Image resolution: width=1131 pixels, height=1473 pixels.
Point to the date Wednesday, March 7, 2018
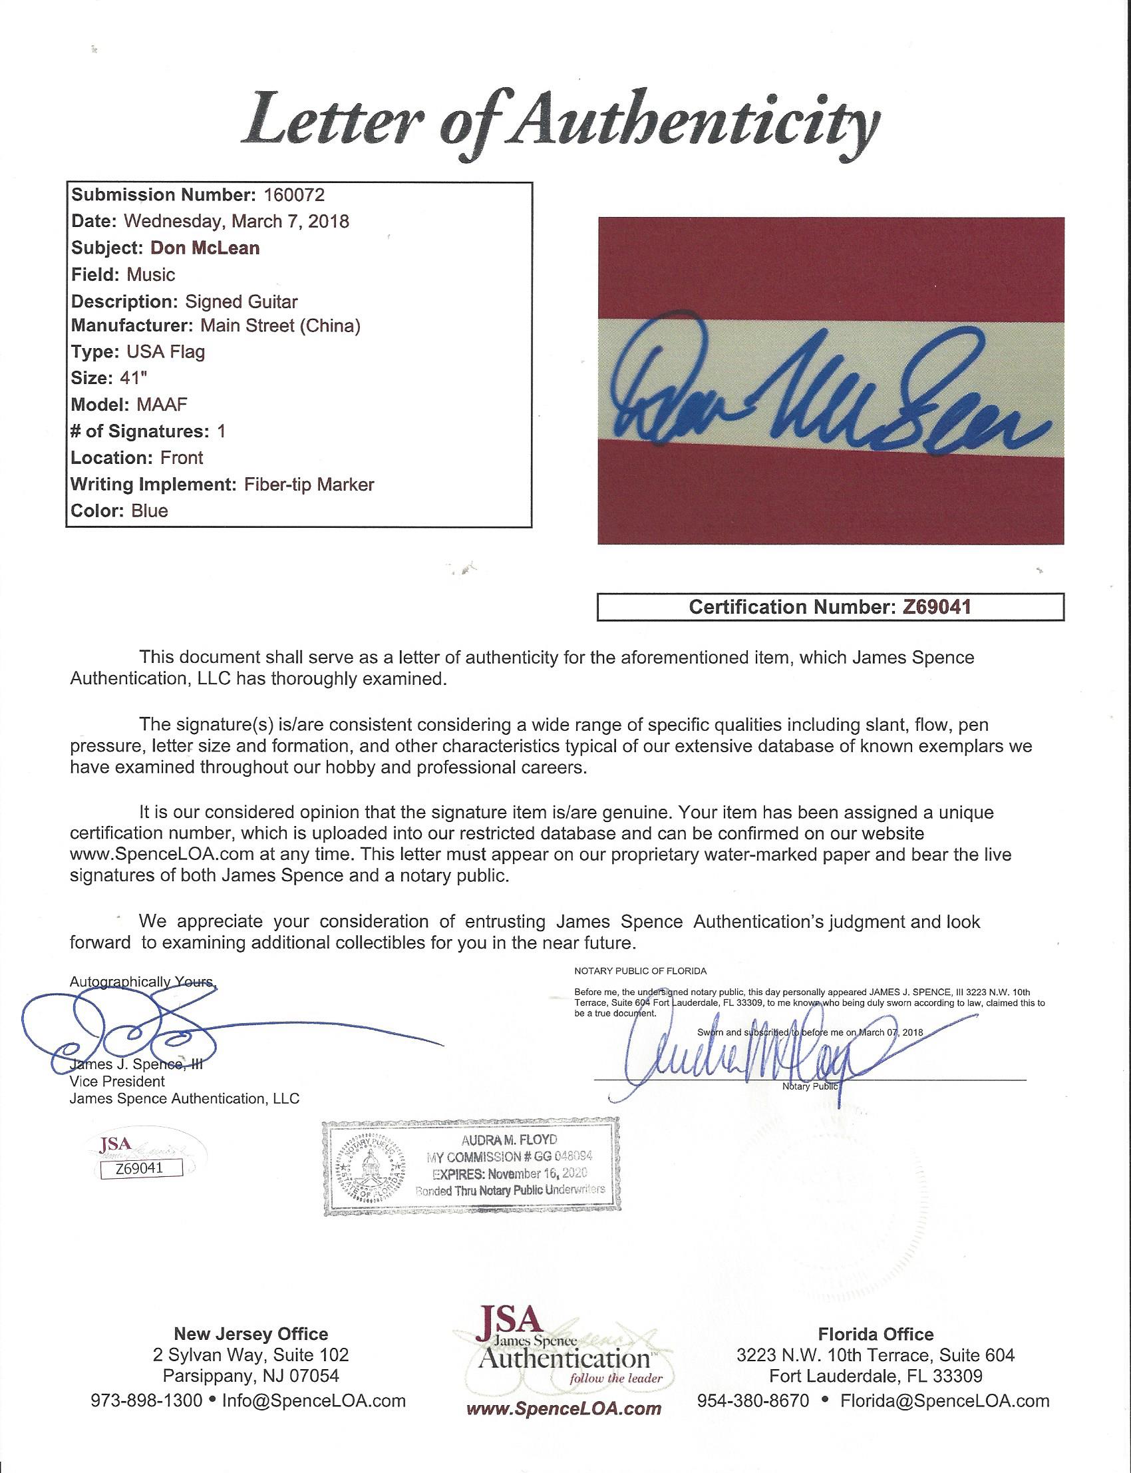245,222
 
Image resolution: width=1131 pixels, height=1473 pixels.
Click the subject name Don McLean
206,248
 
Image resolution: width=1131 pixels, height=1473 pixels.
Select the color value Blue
150,511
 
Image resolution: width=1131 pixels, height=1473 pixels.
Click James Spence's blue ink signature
168,1030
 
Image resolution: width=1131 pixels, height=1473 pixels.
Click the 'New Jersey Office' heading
251,1315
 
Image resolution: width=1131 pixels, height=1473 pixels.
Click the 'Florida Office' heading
875,1315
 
